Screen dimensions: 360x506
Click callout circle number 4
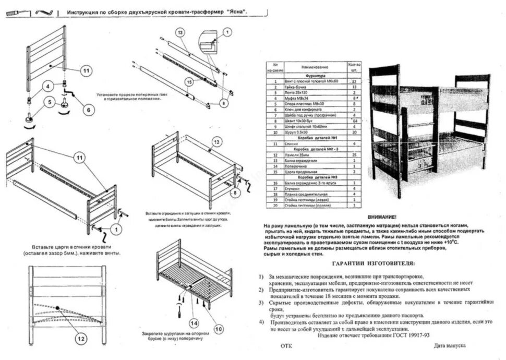47,86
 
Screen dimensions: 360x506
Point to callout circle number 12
80,339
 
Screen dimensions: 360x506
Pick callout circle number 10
219,329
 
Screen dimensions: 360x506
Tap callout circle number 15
189,82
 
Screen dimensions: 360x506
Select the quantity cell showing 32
354,82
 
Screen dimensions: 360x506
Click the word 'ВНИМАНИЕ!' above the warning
382,217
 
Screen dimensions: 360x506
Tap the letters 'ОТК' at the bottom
286,346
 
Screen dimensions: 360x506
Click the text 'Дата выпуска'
449,346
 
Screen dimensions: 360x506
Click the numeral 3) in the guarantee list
261,302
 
